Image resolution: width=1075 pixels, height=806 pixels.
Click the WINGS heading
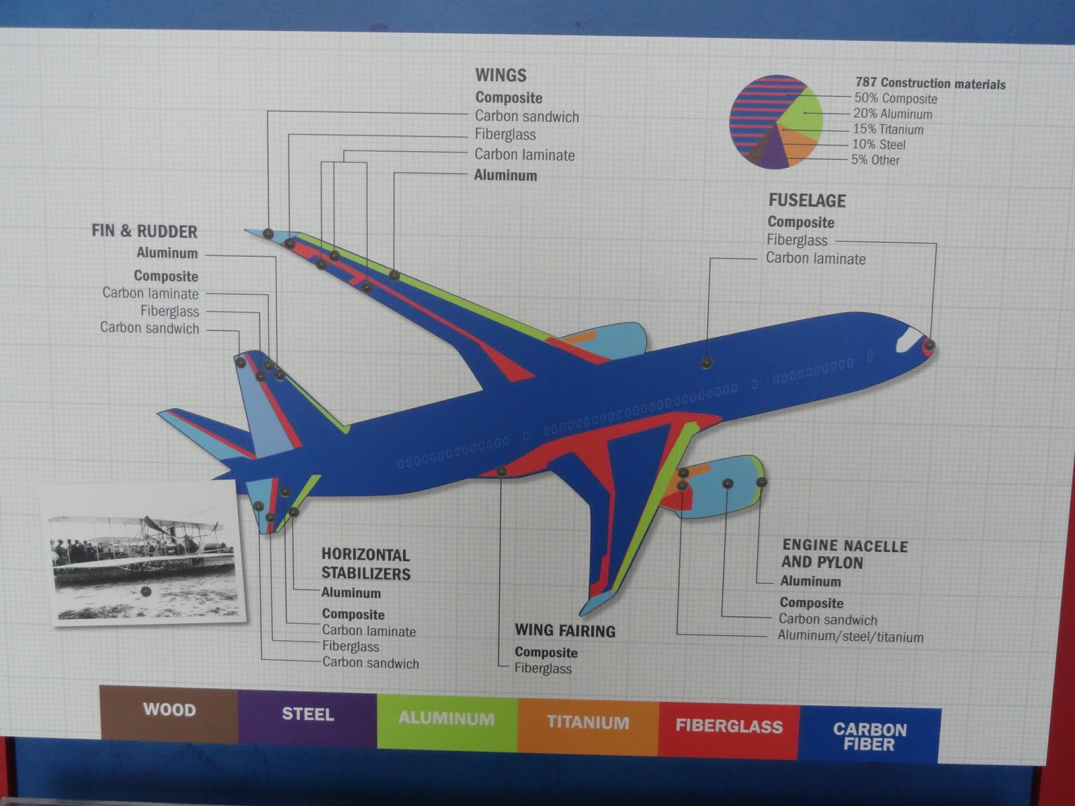tap(501, 75)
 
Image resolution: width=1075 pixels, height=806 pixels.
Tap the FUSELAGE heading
tap(806, 201)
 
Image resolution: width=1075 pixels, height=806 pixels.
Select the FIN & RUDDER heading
tap(144, 232)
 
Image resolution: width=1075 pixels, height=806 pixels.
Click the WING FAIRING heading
tap(564, 631)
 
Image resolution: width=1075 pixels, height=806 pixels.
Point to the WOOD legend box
tap(169, 713)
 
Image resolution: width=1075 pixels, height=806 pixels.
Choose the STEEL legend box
tap(308, 717)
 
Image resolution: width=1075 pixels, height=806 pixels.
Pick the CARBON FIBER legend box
tap(869, 736)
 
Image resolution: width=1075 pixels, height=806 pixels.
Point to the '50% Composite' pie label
tap(895, 99)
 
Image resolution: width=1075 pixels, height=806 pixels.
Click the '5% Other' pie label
tap(875, 160)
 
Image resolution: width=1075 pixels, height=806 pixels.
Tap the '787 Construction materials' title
tap(930, 83)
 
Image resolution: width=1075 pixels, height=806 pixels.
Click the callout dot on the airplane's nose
tap(929, 345)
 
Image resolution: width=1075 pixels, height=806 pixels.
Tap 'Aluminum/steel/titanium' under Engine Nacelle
tap(850, 637)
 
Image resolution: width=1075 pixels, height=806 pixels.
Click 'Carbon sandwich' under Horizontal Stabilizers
tap(370, 664)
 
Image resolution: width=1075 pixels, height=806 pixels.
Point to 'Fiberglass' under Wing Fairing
tap(543, 669)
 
